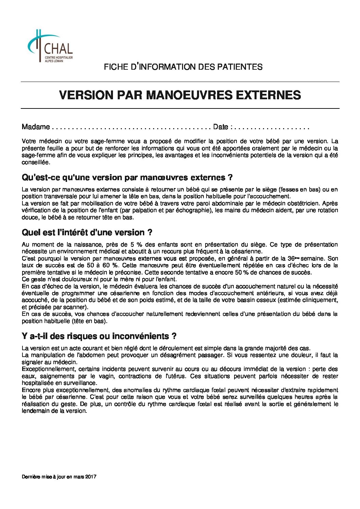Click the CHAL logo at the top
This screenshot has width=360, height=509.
pyautogui.click(x=50, y=46)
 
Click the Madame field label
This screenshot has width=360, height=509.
pyautogui.click(x=36, y=127)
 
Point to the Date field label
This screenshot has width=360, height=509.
pyautogui.click(x=220, y=127)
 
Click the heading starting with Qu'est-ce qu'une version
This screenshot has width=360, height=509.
pyautogui.click(x=127, y=177)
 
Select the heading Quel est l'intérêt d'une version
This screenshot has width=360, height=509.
pyautogui.click(x=87, y=233)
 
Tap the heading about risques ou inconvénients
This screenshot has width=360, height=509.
pyautogui.click(x=99, y=336)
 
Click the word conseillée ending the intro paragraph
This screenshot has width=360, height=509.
pyautogui.click(x=36, y=163)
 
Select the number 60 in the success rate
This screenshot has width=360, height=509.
pyautogui.click(x=108, y=266)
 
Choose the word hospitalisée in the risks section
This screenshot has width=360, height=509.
pyautogui.click(x=37, y=383)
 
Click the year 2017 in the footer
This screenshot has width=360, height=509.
pyautogui.click(x=91, y=477)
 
